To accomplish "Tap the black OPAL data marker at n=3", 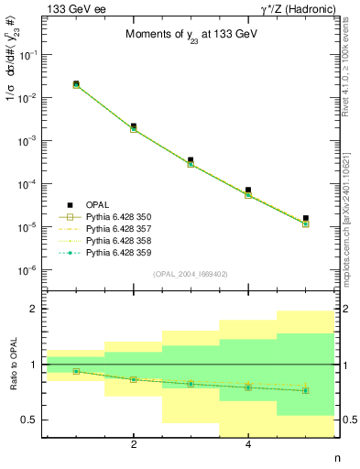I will tap(191, 159).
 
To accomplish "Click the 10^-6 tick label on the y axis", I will tap(28, 270).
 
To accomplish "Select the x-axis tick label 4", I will tap(248, 445).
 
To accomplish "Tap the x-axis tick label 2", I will tap(134, 445).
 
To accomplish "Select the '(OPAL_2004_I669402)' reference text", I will tap(191, 273).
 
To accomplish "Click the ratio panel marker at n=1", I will tap(76, 371).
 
